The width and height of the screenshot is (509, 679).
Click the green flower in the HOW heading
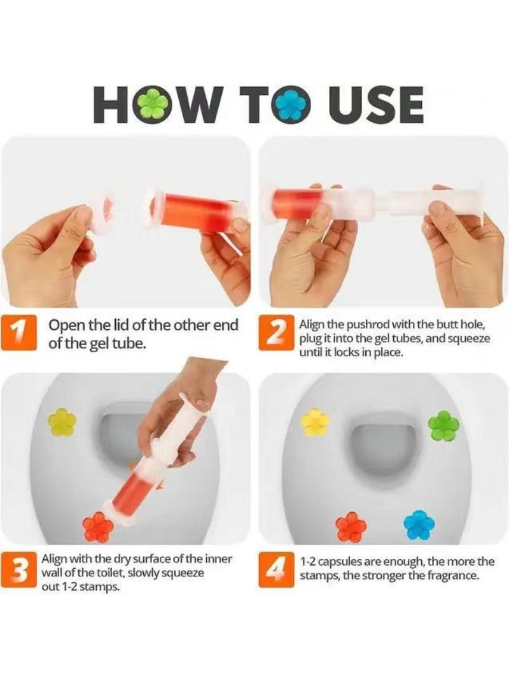pos(151,104)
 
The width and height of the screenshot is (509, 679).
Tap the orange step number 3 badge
pos(18,570)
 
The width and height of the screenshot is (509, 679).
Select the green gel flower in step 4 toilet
pos(442,424)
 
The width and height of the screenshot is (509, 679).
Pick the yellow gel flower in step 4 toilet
pos(315,422)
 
